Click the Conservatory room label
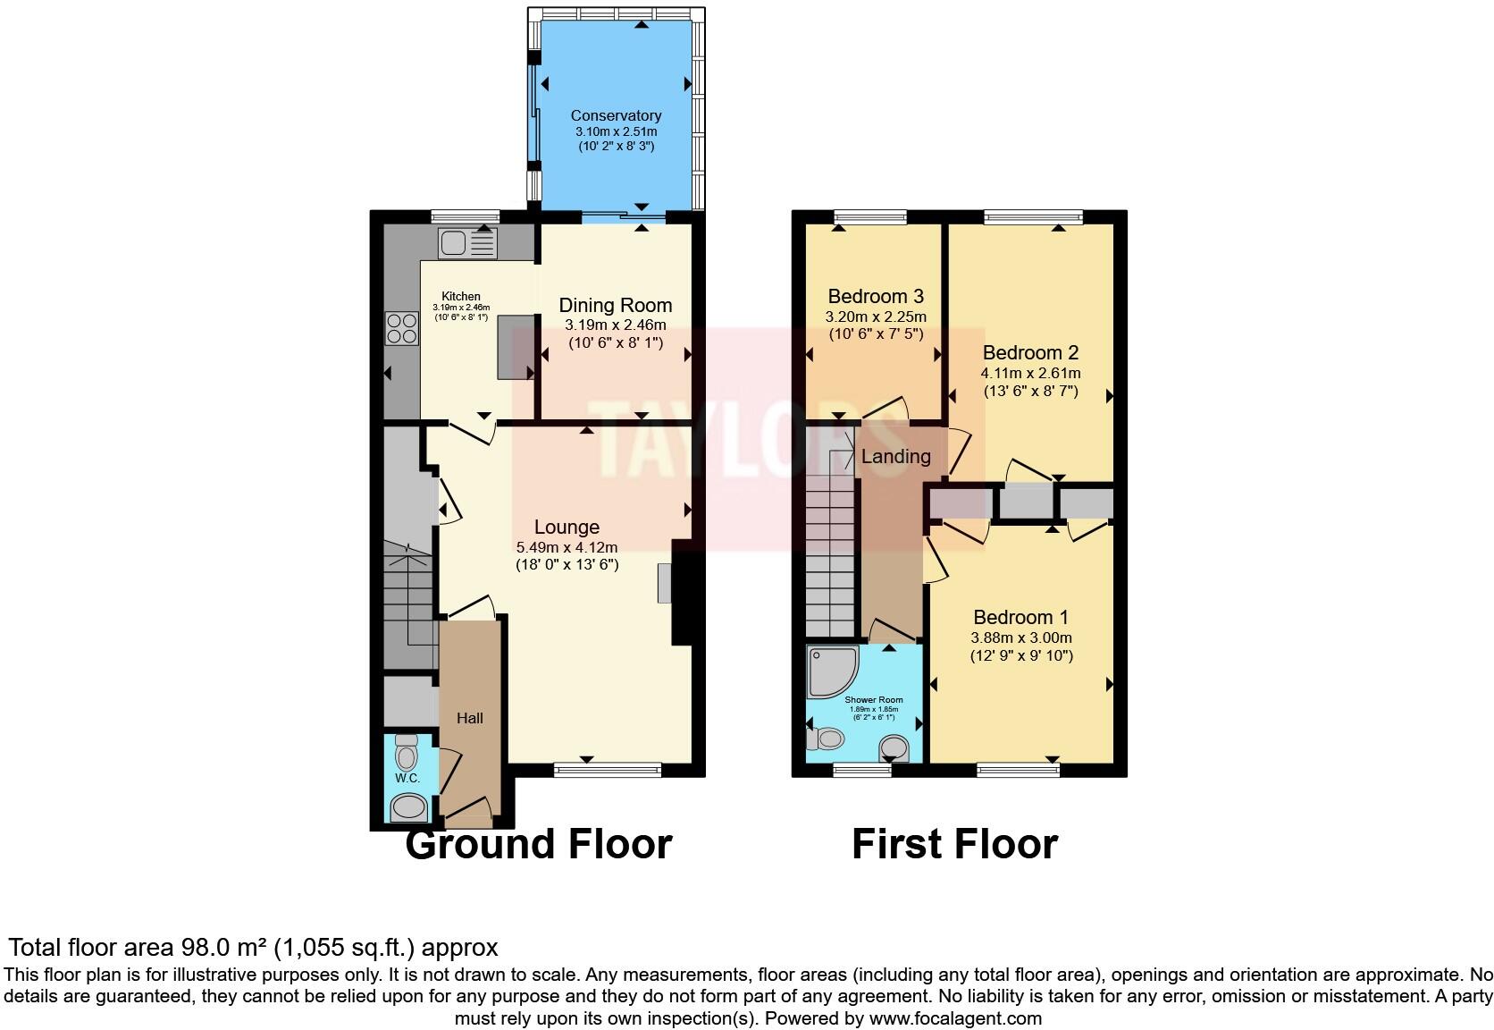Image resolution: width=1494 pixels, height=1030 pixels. [616, 115]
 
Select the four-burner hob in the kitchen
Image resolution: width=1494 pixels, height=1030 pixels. [401, 328]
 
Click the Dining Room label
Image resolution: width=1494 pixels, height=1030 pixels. [615, 306]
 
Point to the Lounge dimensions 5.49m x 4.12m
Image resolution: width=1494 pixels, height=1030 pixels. [567, 547]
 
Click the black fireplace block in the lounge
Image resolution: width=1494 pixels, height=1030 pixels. [683, 592]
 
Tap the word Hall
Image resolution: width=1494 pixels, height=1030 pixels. [470, 718]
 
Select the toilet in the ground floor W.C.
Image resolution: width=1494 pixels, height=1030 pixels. [407, 753]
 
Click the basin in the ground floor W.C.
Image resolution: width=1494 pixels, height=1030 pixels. [409, 807]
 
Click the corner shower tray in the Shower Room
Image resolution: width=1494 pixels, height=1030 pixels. [830, 671]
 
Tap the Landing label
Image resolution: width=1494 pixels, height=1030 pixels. [895, 457]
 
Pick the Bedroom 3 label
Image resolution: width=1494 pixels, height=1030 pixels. [875, 296]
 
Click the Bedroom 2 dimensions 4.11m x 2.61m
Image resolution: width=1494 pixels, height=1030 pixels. [1030, 374]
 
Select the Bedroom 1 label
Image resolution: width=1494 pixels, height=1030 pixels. [1020, 617]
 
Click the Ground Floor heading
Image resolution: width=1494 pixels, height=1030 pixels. [538, 844]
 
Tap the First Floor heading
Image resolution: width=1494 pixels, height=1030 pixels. [954, 844]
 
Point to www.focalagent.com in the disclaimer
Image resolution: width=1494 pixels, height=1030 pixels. [955, 1018]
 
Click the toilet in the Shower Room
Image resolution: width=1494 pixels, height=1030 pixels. [827, 739]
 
